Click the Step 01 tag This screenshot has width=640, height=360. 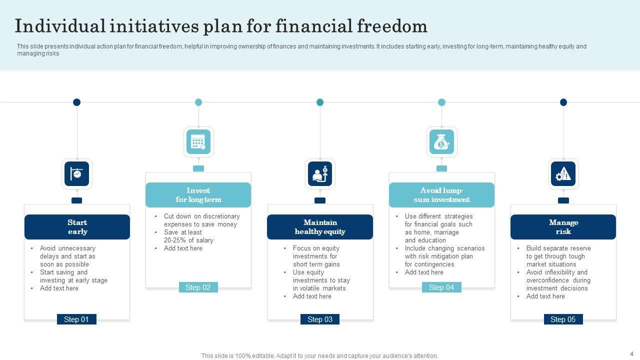pyautogui.click(x=76, y=319)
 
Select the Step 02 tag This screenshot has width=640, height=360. pyautogui.click(x=198, y=287)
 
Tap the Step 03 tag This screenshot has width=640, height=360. pyautogui.click(x=320, y=319)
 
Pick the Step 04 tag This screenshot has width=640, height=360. pyautogui.click(x=441, y=287)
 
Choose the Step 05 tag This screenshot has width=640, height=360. pyautogui.click(x=563, y=319)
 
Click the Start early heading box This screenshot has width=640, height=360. pyautogui.click(x=77, y=227)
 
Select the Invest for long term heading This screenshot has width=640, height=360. pyautogui.click(x=198, y=195)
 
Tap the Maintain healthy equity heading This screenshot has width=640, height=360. pyautogui.click(x=320, y=227)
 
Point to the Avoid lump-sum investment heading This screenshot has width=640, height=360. pyautogui.click(x=441, y=195)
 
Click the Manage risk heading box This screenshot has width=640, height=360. pyautogui.click(x=563, y=227)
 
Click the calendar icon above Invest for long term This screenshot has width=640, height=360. pyautogui.click(x=198, y=141)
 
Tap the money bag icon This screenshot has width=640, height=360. pyautogui.click(x=441, y=141)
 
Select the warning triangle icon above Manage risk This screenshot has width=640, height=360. pyautogui.click(x=563, y=174)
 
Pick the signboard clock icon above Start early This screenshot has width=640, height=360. pyautogui.click(x=77, y=174)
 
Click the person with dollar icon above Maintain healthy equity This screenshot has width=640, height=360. pyautogui.click(x=320, y=174)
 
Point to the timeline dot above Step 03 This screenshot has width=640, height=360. pyautogui.click(x=320, y=102)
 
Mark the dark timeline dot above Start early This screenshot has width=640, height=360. pyautogui.click(x=77, y=102)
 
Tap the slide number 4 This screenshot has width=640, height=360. pyautogui.click(x=631, y=353)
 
